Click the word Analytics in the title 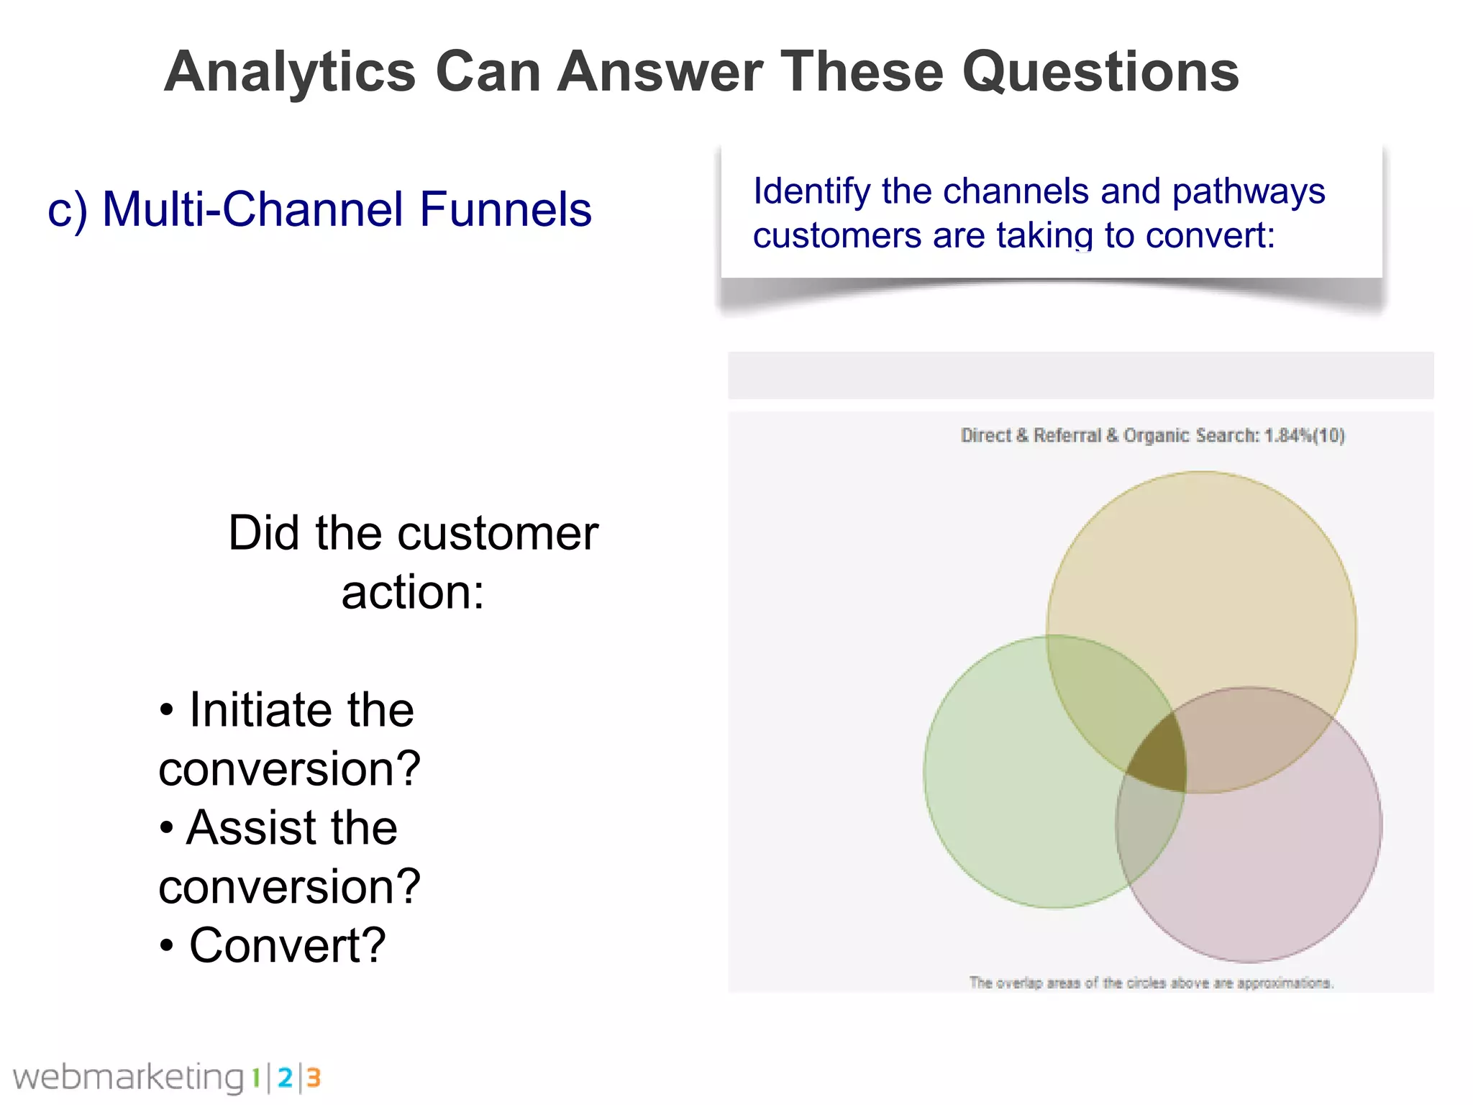(290, 72)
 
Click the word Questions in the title (1100, 72)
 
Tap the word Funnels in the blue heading (505, 209)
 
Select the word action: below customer (413, 593)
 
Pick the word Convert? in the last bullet (287, 945)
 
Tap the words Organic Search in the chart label (1190, 435)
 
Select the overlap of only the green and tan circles (1100, 691)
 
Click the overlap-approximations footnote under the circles (1151, 983)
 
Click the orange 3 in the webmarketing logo (313, 1078)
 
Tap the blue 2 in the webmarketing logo (285, 1078)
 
